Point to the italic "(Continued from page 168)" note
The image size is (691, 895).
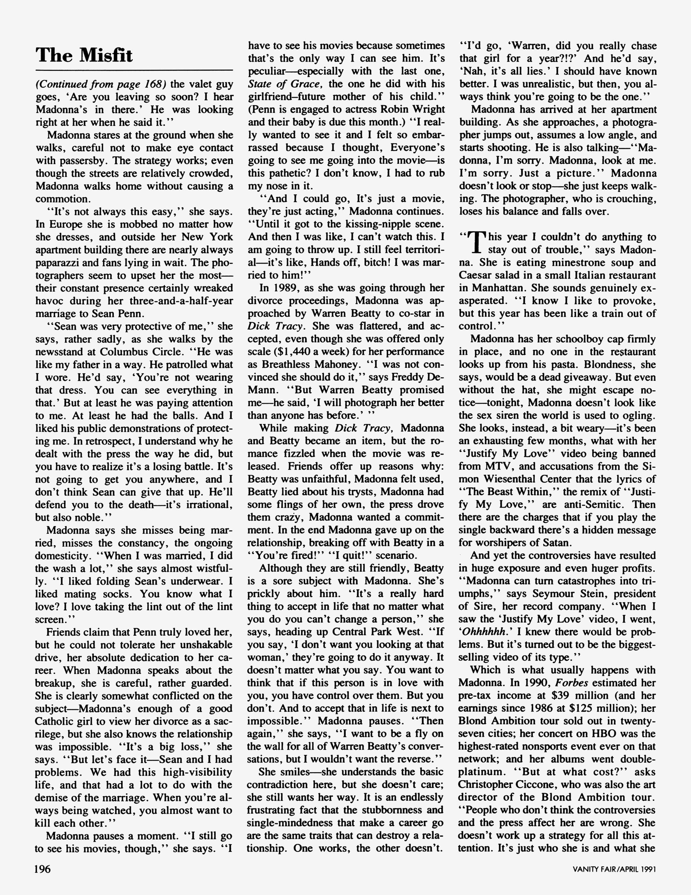[x=101, y=84]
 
